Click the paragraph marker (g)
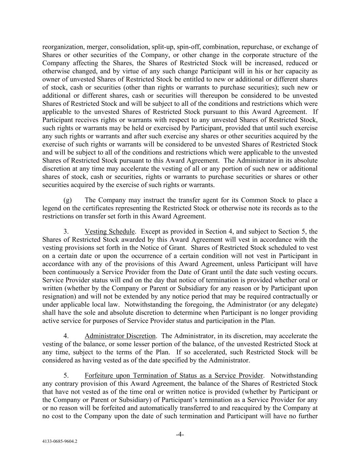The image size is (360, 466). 68,200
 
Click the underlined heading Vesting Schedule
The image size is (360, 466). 110,231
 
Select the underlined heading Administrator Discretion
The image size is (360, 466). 120,336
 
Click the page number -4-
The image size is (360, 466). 180,435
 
